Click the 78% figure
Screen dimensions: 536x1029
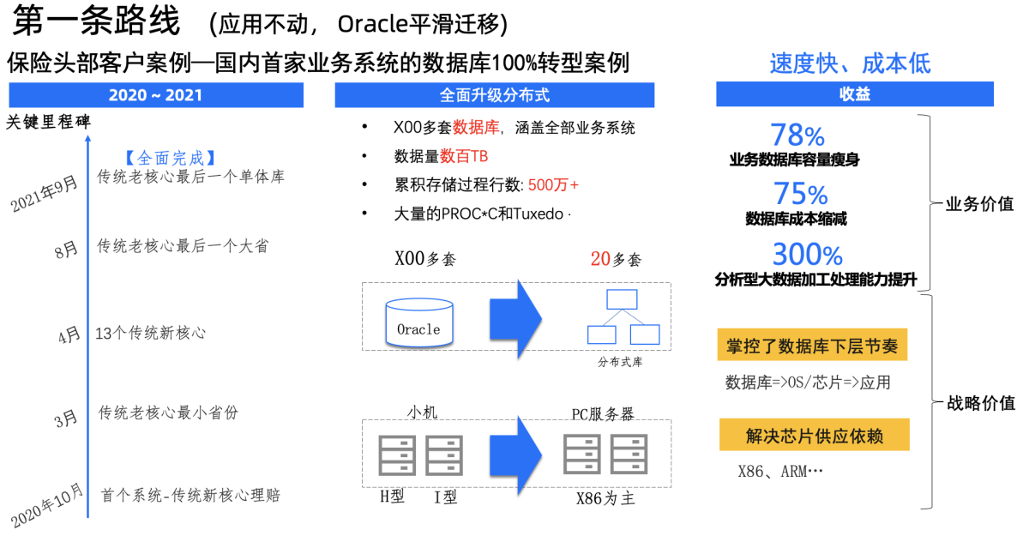[x=797, y=135]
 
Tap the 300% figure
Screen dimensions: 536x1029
[x=808, y=255]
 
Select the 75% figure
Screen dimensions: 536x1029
[x=800, y=194]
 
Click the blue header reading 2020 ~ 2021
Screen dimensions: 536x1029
[x=156, y=94]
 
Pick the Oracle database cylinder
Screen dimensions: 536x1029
[x=419, y=322]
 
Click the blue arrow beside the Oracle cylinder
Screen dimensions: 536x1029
[x=516, y=315]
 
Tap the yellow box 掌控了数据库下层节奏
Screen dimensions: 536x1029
[x=812, y=346]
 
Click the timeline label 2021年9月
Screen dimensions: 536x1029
[x=44, y=193]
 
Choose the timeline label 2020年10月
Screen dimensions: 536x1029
[x=48, y=505]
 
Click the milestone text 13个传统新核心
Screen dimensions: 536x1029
[x=151, y=333]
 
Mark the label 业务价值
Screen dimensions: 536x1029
[x=979, y=205]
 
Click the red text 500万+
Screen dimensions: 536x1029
[x=554, y=184]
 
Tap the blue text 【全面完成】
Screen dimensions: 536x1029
[x=168, y=158]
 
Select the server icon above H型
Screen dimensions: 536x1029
[x=397, y=455]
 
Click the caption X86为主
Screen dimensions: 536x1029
[x=605, y=498]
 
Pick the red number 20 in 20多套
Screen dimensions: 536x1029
[x=600, y=259]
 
